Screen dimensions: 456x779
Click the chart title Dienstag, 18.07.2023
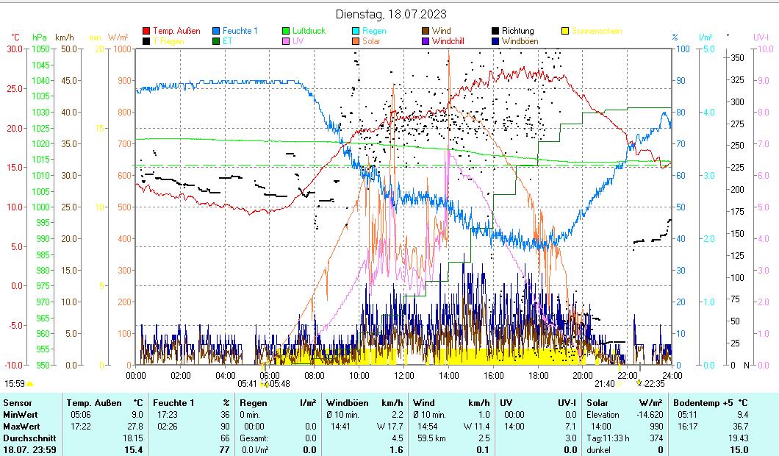tap(390, 14)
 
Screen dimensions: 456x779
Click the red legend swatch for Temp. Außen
tap(146, 32)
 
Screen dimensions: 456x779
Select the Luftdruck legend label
tap(309, 32)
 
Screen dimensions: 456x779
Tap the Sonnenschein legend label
tap(597, 32)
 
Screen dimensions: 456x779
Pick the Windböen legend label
tap(520, 42)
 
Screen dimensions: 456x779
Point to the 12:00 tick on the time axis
tap(404, 375)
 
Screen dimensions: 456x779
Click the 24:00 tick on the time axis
tap(672, 375)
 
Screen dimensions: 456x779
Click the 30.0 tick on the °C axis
tap(15, 49)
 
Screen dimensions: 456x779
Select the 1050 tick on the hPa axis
tap(40, 49)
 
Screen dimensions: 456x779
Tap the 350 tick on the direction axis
tap(739, 57)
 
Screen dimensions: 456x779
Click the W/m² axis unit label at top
tap(118, 37)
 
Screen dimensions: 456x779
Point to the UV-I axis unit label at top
tap(761, 37)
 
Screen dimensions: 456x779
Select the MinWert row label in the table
tap(18, 415)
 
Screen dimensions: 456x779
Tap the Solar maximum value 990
tap(654, 427)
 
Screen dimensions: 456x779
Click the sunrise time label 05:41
tap(248, 383)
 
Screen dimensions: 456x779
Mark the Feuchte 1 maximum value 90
tap(226, 427)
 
